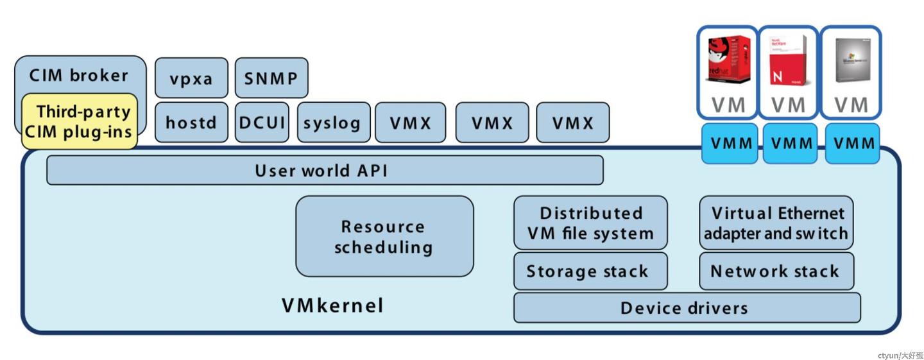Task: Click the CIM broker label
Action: click(79, 75)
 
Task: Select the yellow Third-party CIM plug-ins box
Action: click(80, 121)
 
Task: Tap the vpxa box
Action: click(191, 78)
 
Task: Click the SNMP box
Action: click(271, 78)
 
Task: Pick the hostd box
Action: click(191, 122)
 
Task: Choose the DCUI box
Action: click(262, 122)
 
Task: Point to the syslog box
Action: click(333, 122)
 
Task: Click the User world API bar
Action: click(324, 171)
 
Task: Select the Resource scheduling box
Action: click(384, 236)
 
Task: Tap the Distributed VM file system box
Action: click(590, 223)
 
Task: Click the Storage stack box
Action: click(590, 271)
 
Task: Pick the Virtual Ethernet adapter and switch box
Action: click(776, 223)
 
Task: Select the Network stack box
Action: click(776, 271)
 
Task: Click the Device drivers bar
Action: click(686, 307)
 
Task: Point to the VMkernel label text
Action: click(332, 305)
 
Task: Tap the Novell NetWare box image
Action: click(788, 60)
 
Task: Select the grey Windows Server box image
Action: click(851, 60)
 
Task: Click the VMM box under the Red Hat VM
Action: click(728, 143)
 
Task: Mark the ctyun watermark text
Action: click(900, 355)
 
